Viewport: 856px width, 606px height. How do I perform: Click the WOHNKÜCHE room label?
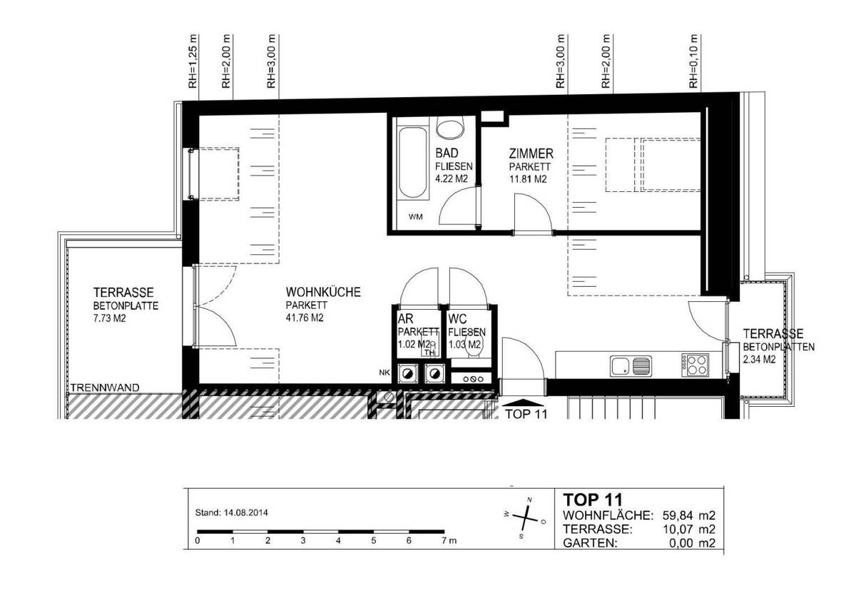(x=322, y=293)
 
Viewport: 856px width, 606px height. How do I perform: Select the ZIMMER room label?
(x=531, y=153)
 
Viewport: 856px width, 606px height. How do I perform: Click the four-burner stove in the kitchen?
(x=695, y=366)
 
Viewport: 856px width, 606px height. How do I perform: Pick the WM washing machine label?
(x=414, y=218)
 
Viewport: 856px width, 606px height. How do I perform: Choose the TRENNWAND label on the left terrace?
(x=105, y=388)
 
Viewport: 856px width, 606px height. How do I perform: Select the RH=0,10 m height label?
(x=693, y=61)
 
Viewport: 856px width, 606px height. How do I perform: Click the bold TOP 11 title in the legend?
(x=593, y=499)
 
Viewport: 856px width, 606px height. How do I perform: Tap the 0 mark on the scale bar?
(x=198, y=541)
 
